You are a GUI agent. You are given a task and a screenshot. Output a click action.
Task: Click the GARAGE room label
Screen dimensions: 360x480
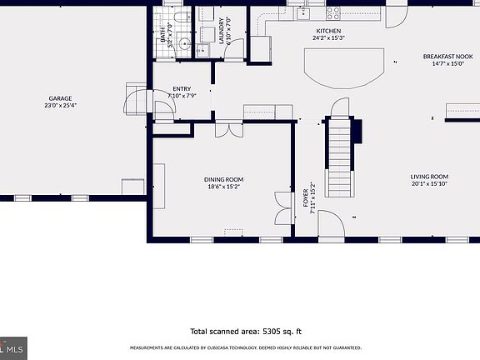pos(60,97)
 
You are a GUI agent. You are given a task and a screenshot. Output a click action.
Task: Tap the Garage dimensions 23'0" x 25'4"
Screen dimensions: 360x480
pos(60,106)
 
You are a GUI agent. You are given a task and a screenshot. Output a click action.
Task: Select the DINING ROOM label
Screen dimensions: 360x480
pos(224,179)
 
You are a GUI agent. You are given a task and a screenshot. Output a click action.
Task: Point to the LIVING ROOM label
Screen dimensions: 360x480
pos(429,177)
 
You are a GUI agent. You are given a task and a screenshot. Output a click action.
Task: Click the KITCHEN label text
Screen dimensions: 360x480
pos(328,30)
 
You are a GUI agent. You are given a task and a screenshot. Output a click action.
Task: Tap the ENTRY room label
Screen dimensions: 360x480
pos(181,88)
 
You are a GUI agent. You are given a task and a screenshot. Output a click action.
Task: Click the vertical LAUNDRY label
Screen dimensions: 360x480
pos(222,30)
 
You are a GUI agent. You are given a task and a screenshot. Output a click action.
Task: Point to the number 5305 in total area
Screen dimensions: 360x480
pos(276,331)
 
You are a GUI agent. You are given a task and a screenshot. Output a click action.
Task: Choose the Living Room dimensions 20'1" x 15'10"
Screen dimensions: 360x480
pos(429,184)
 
